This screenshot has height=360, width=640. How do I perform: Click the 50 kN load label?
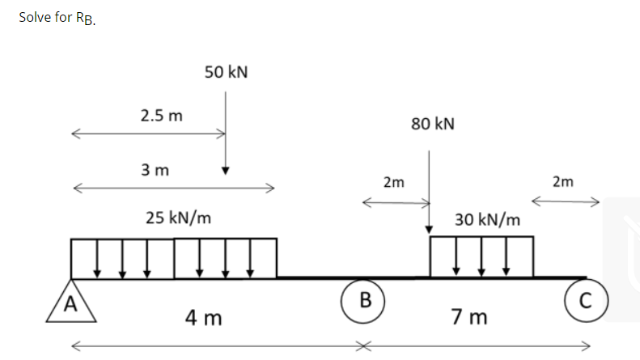[x=226, y=72]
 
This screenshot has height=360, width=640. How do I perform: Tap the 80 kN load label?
[x=432, y=125]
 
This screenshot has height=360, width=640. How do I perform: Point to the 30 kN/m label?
[x=487, y=219]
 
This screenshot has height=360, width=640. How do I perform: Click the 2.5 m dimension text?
[x=161, y=115]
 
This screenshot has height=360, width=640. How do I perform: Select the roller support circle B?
[x=363, y=298]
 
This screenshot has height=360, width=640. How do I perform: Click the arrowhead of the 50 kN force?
[x=226, y=171]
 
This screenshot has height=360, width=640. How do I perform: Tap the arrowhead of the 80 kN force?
[x=430, y=230]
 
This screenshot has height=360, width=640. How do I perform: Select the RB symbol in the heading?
[x=85, y=19]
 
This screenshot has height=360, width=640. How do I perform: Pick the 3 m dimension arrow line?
[x=174, y=188]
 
